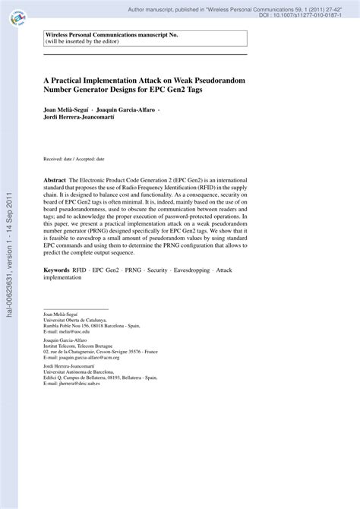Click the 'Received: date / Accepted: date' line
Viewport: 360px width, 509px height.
74,159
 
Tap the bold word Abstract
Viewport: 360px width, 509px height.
55,173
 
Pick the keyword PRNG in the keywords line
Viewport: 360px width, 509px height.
134,270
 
